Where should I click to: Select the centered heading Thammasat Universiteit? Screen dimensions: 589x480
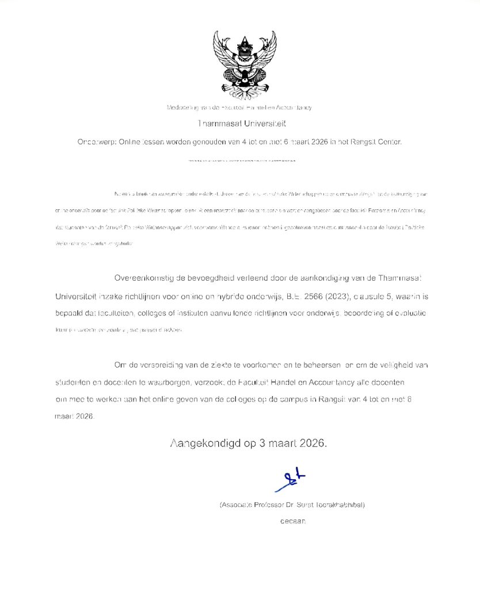241,124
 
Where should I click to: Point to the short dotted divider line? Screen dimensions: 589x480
241,160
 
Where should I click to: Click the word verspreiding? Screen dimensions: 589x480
162,365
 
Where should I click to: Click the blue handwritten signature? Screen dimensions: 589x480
289,481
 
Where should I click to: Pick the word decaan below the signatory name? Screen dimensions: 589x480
293,521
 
